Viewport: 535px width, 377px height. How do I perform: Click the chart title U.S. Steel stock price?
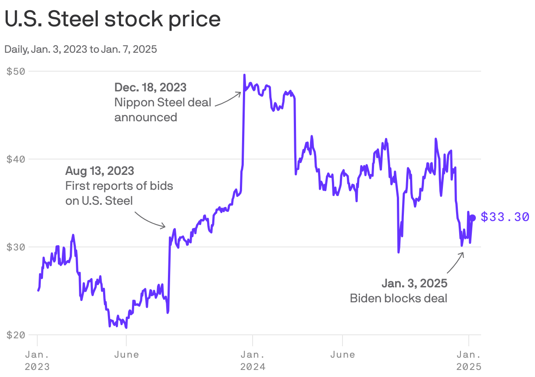pos(112,20)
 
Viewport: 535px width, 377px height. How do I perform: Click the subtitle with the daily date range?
pos(81,49)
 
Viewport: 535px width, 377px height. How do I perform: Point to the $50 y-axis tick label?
pos(16,71)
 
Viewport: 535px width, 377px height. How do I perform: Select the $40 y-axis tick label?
pos(16,159)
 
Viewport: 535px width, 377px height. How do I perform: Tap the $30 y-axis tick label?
pos(16,247)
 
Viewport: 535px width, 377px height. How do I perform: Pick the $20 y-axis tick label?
pos(16,335)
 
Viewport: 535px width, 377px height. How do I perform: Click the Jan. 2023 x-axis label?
pos(37,360)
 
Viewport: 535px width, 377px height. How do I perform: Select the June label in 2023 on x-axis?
pos(126,355)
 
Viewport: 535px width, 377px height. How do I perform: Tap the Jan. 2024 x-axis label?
pos(253,360)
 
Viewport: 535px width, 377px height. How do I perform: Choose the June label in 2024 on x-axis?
pos(342,355)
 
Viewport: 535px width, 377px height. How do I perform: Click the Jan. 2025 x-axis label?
pos(469,360)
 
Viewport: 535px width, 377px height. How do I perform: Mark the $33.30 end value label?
pos(505,217)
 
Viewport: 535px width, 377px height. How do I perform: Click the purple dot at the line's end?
pos(473,218)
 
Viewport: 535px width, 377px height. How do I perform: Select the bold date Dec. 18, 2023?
pos(150,87)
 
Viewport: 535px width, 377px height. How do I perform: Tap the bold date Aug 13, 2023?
pos(100,170)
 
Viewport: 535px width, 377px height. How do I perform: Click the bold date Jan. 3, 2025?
pos(414,283)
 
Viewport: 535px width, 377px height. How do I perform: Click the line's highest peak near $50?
pos(244,75)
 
